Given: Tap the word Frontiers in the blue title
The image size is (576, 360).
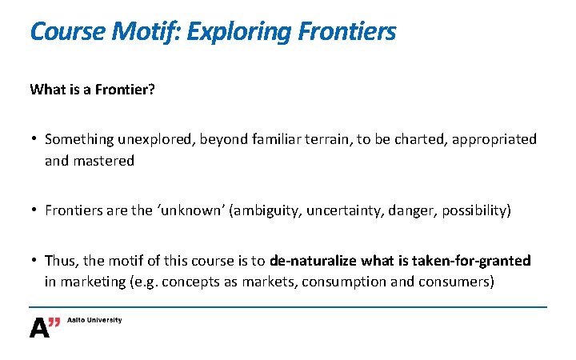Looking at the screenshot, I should pos(346,32).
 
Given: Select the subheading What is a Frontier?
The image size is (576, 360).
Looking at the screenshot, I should pos(92,90).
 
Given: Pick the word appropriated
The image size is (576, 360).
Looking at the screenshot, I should pos(494,139).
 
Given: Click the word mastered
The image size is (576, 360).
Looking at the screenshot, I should pos(103,160).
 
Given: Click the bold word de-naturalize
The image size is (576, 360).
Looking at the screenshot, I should pos(314,262).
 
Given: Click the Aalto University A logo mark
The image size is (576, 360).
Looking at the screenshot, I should pos(45,326).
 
